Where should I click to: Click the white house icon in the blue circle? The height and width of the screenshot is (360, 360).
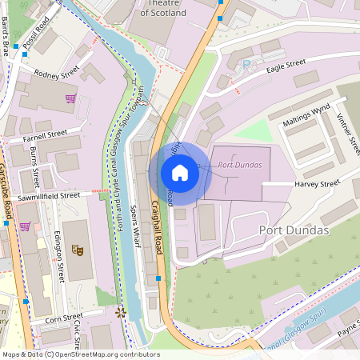click(180, 173)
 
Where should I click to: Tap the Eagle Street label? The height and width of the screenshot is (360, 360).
click(286, 63)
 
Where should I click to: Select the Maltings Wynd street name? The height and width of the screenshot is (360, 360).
click(305, 118)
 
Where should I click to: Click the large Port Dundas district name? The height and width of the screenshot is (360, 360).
click(294, 230)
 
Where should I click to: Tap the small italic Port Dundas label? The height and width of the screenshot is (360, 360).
click(239, 166)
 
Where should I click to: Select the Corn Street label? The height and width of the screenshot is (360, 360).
click(64, 318)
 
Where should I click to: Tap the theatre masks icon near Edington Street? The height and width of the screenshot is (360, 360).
click(78, 249)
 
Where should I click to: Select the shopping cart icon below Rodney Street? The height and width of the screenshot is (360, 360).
click(70, 98)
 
